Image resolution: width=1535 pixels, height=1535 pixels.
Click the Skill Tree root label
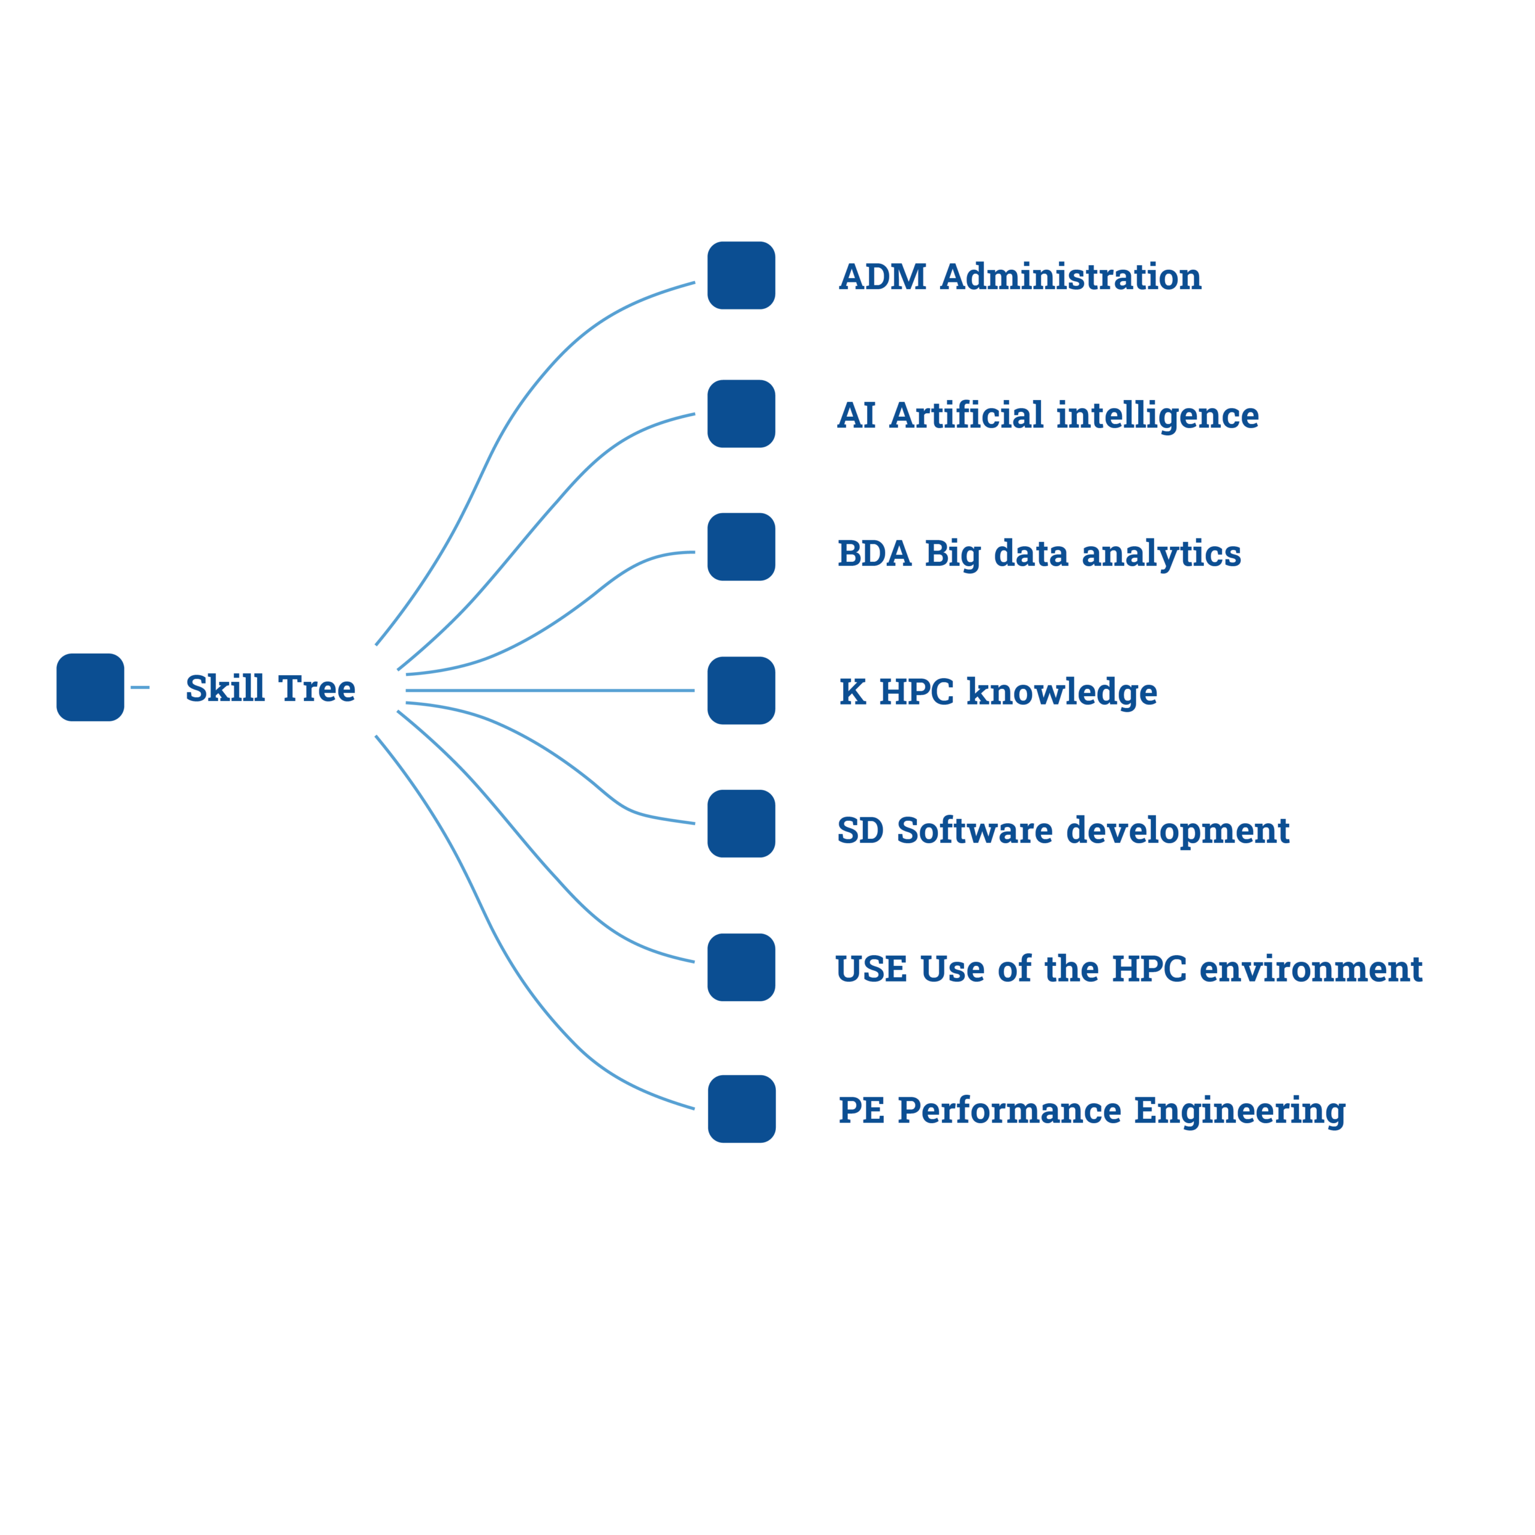coord(270,687)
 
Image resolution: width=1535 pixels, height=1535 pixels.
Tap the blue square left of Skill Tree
coord(90,687)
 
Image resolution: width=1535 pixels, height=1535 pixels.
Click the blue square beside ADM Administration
coord(741,276)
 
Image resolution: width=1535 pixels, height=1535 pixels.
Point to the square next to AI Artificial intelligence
coord(741,414)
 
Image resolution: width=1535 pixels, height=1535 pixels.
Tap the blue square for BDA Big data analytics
coord(741,547)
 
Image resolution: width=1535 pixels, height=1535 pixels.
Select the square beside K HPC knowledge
coord(741,690)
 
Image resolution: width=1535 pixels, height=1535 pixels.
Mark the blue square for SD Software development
coord(741,823)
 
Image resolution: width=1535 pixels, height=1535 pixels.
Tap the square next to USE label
coord(741,967)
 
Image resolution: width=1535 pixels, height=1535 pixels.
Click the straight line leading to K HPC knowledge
coord(556,690)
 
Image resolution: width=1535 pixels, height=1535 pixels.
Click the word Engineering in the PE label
coord(1239,1110)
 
